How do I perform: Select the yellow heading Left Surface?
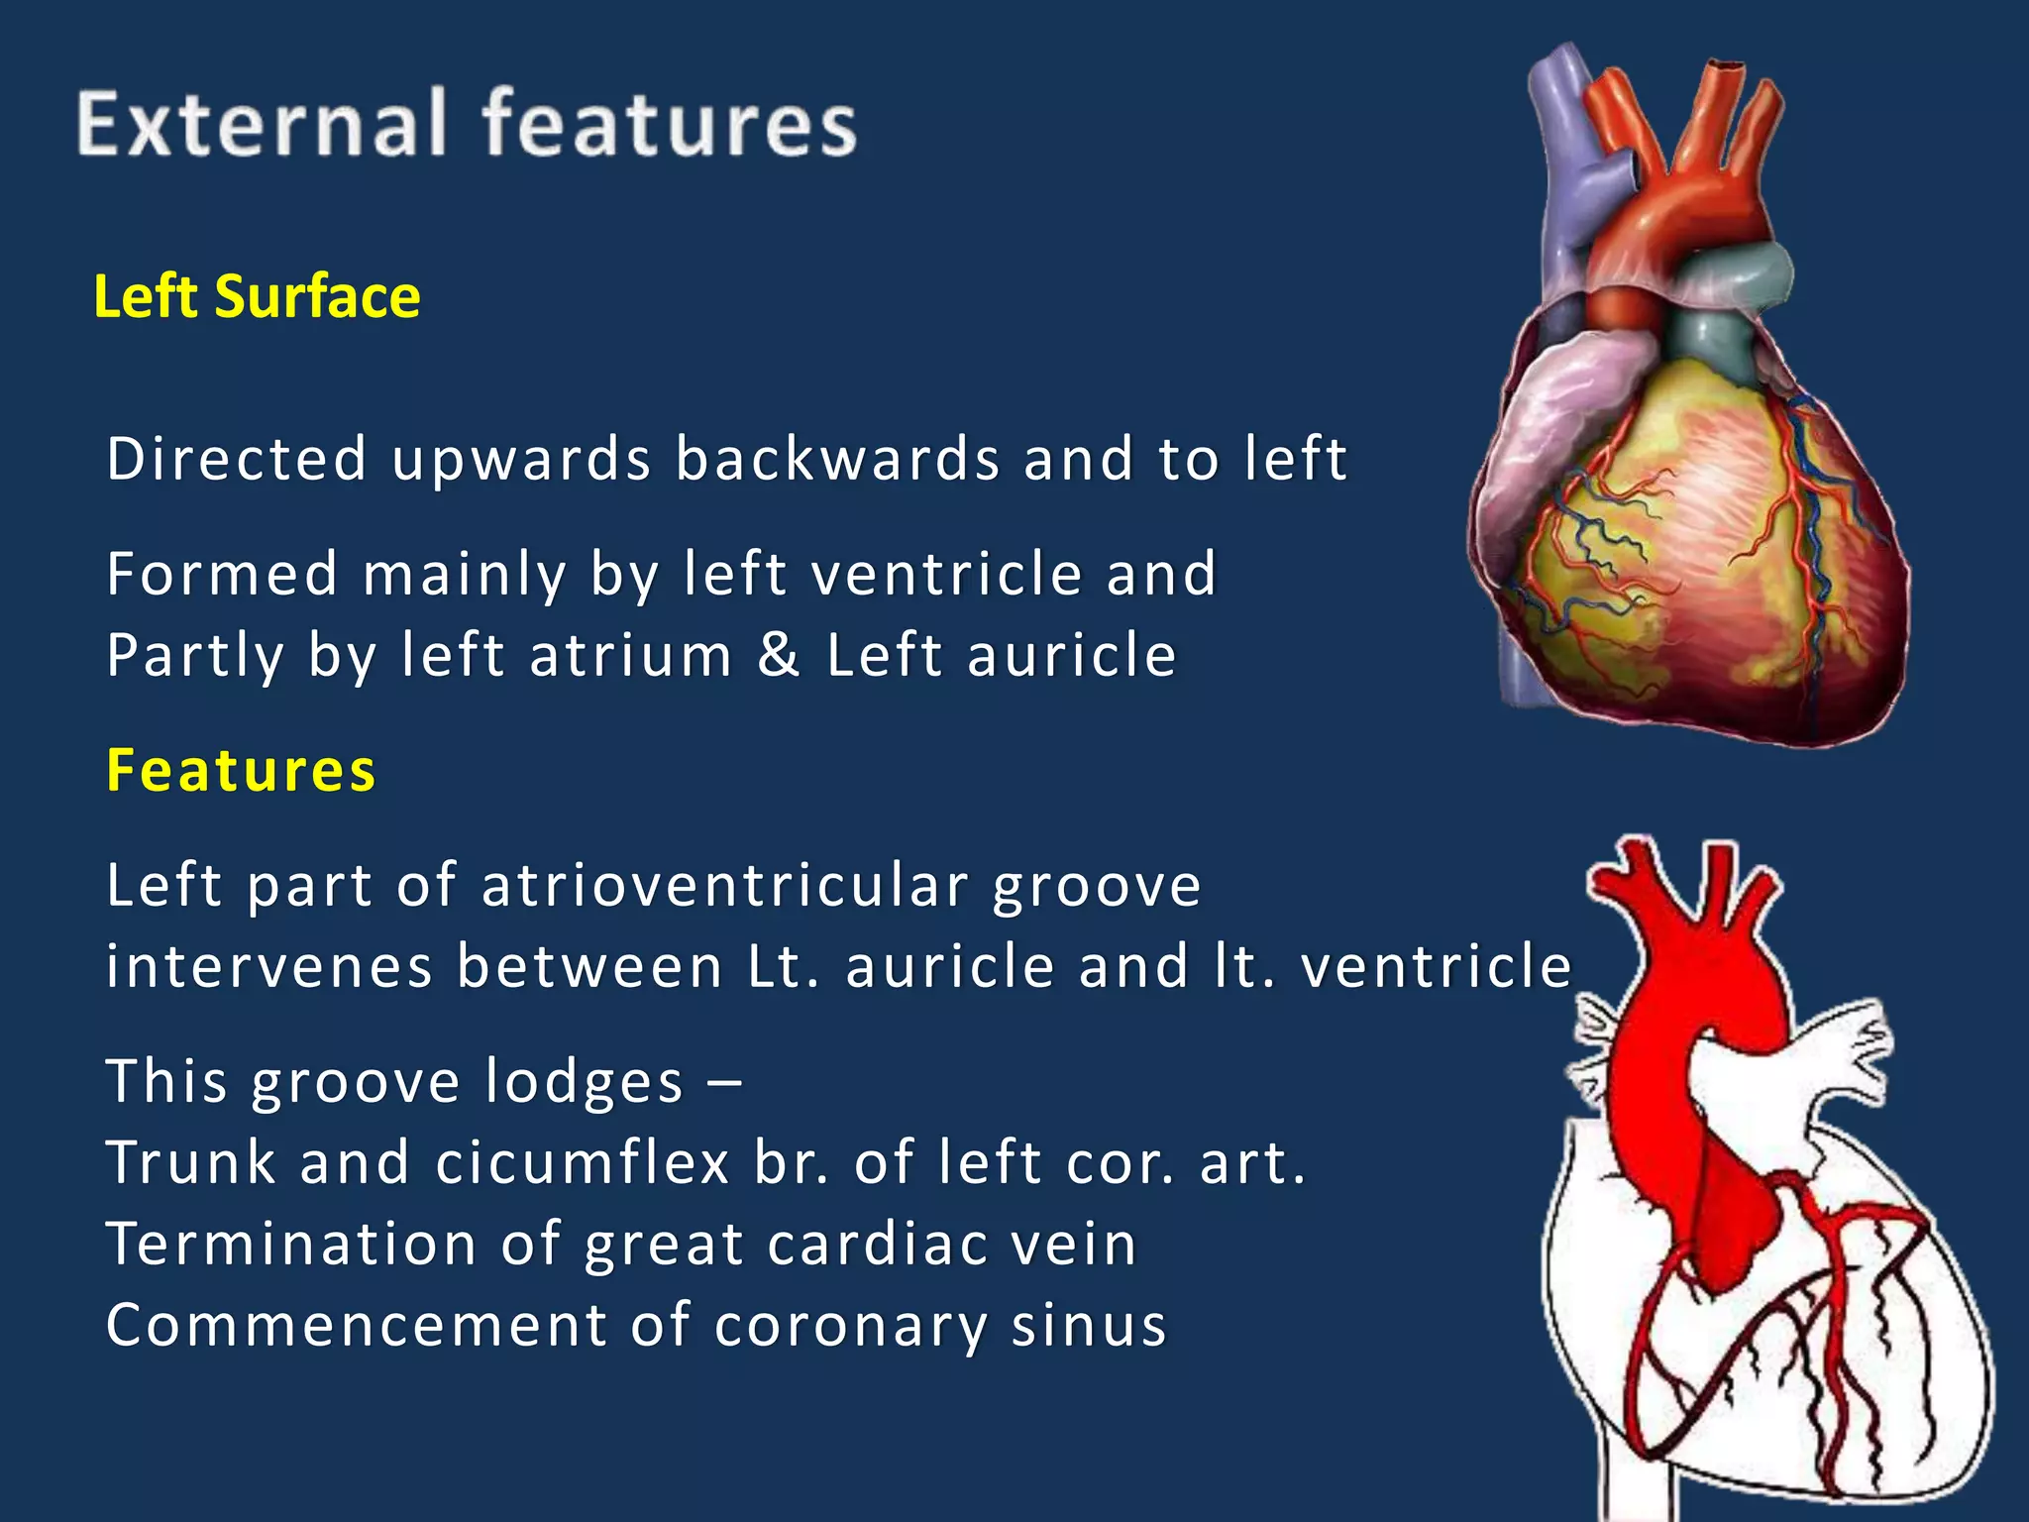tap(257, 296)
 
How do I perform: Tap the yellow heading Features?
tap(241, 771)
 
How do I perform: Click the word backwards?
tap(836, 459)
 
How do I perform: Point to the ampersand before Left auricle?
tap(779, 655)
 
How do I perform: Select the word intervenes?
tap(269, 966)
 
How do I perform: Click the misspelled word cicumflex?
tap(582, 1162)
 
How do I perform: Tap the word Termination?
tap(291, 1244)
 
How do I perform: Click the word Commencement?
tap(356, 1325)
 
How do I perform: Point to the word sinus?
tap(1088, 1325)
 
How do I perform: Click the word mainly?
tap(464, 574)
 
